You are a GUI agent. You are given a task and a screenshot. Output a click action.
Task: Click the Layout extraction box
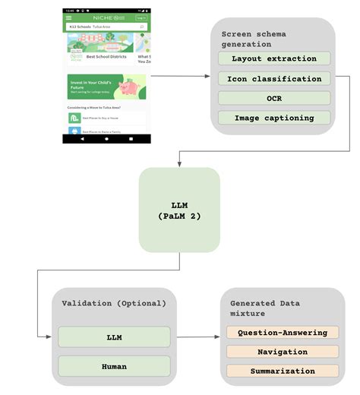click(274, 58)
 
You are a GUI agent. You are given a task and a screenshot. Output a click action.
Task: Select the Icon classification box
click(274, 78)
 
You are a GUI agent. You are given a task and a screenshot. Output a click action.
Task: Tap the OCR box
click(274, 98)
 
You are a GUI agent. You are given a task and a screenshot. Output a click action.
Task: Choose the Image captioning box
click(274, 118)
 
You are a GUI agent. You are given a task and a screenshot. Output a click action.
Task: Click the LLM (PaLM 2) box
click(179, 210)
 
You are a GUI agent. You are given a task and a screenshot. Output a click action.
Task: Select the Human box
click(113, 366)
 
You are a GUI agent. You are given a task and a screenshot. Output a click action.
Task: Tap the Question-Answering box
click(283, 333)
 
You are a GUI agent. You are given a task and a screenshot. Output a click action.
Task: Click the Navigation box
click(283, 352)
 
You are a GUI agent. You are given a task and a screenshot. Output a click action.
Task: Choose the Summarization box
click(283, 371)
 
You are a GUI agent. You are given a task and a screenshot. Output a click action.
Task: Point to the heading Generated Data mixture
click(265, 308)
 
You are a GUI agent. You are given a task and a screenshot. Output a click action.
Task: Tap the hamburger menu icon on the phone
click(70, 17)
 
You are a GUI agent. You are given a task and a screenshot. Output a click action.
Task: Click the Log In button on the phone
click(141, 17)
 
